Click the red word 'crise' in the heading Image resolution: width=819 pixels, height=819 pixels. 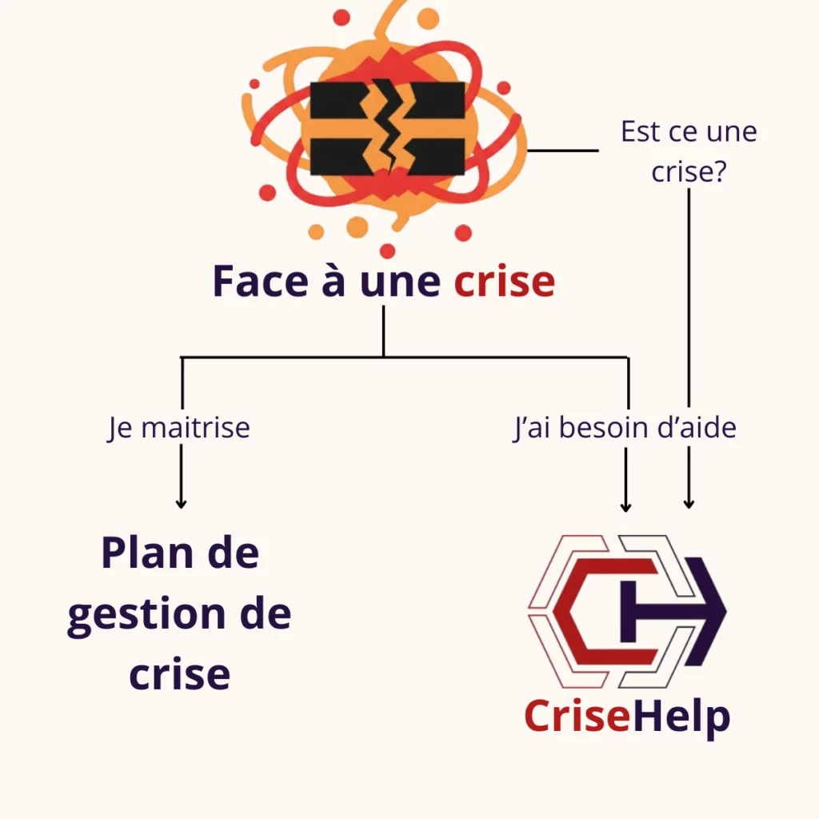tap(504, 282)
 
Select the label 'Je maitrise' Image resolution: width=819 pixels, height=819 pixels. tap(179, 428)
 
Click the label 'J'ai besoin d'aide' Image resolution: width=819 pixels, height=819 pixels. tap(624, 428)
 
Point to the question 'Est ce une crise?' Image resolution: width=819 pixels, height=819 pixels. tap(689, 151)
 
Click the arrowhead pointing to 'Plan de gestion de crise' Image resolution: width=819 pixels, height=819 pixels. tap(181, 503)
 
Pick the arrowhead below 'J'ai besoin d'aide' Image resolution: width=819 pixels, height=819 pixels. tap(626, 506)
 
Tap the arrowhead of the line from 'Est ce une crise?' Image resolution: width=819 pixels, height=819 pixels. tap(689, 504)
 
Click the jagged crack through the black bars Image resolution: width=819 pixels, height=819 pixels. tap(390, 128)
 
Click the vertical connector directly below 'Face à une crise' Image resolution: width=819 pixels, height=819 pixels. tap(383, 330)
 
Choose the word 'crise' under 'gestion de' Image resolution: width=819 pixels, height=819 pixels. tap(179, 673)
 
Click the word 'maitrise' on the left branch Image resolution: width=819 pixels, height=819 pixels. tap(195, 428)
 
